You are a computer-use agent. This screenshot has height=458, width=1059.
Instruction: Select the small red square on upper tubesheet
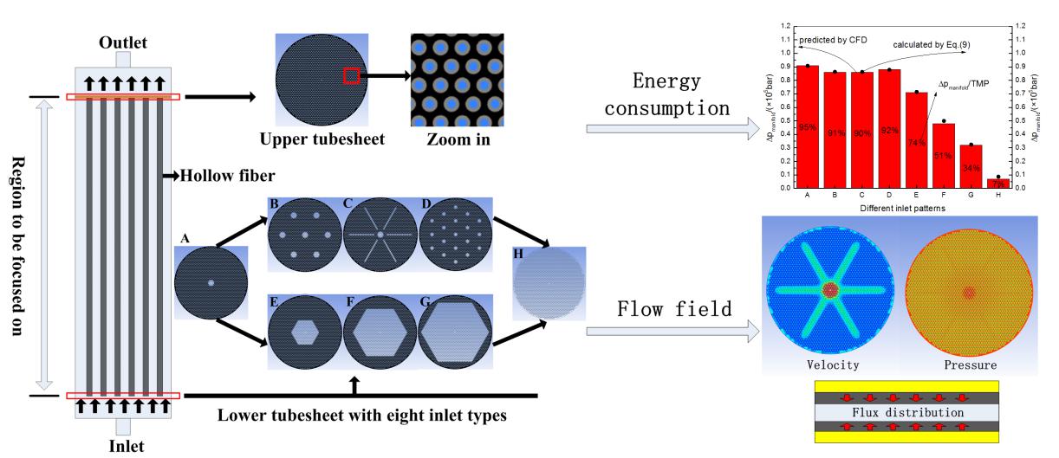[x=351, y=76]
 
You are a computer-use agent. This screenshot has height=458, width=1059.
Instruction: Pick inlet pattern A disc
[x=211, y=282]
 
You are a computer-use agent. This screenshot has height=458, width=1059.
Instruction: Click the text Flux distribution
[x=908, y=412]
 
